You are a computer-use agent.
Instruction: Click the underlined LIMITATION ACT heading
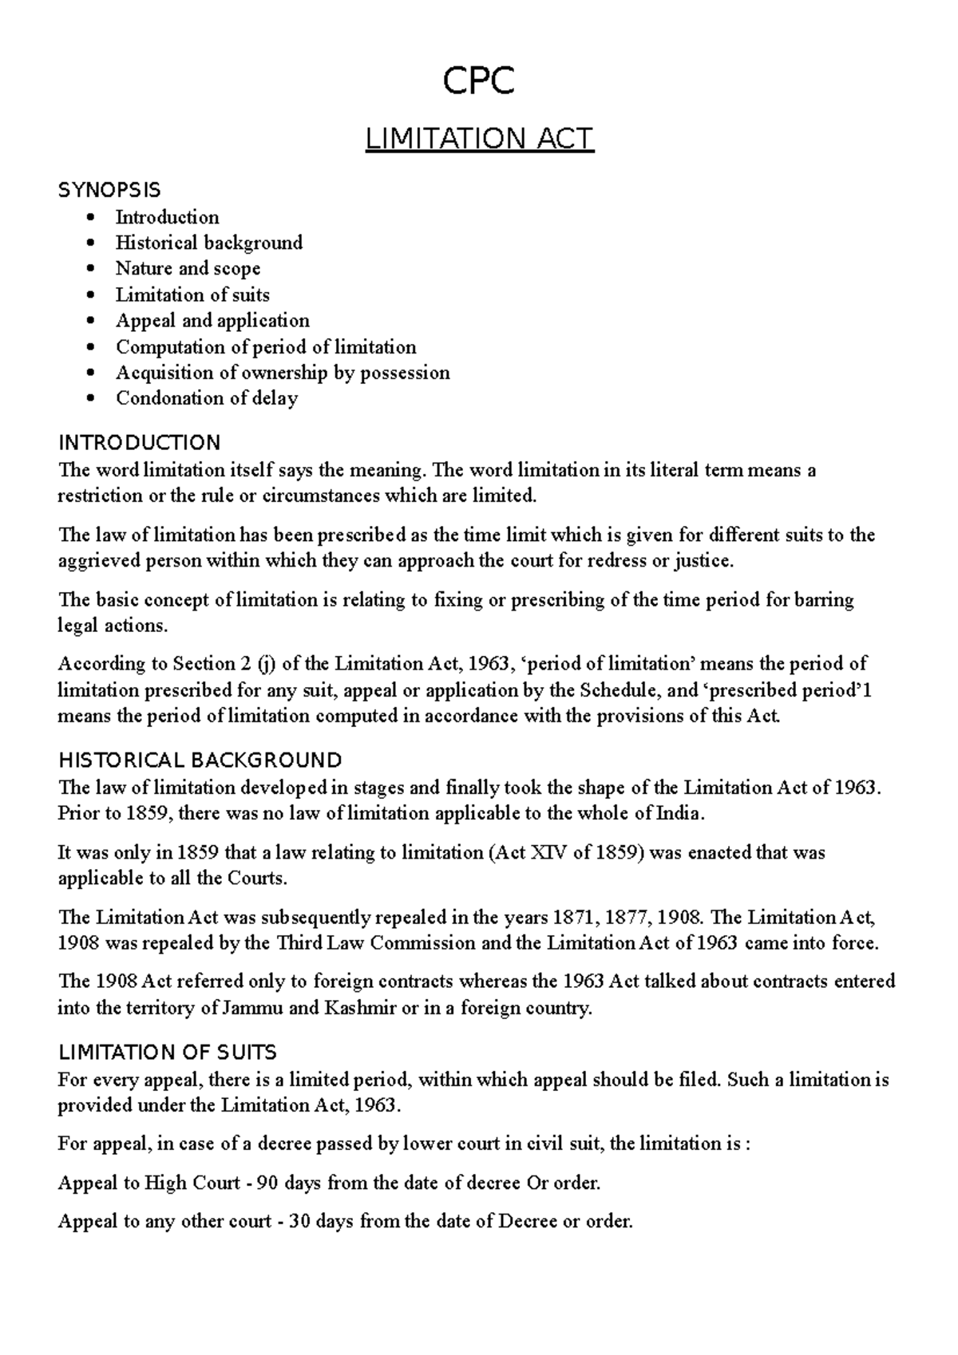(x=479, y=140)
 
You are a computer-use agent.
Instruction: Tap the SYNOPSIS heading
(x=109, y=190)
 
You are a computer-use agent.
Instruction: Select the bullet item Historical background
(x=209, y=243)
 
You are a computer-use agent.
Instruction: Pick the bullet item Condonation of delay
(x=207, y=398)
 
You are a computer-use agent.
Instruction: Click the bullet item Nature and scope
(x=188, y=269)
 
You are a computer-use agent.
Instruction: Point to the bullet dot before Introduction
(x=95, y=218)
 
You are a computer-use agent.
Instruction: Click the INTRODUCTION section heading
(x=139, y=443)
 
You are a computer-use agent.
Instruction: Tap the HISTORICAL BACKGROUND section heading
(x=200, y=760)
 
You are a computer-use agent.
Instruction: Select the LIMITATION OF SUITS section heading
(x=168, y=1052)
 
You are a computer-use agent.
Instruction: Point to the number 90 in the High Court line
(x=268, y=1183)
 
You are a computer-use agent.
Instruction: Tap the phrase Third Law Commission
(x=376, y=943)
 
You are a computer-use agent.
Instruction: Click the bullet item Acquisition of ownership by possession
(x=283, y=373)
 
